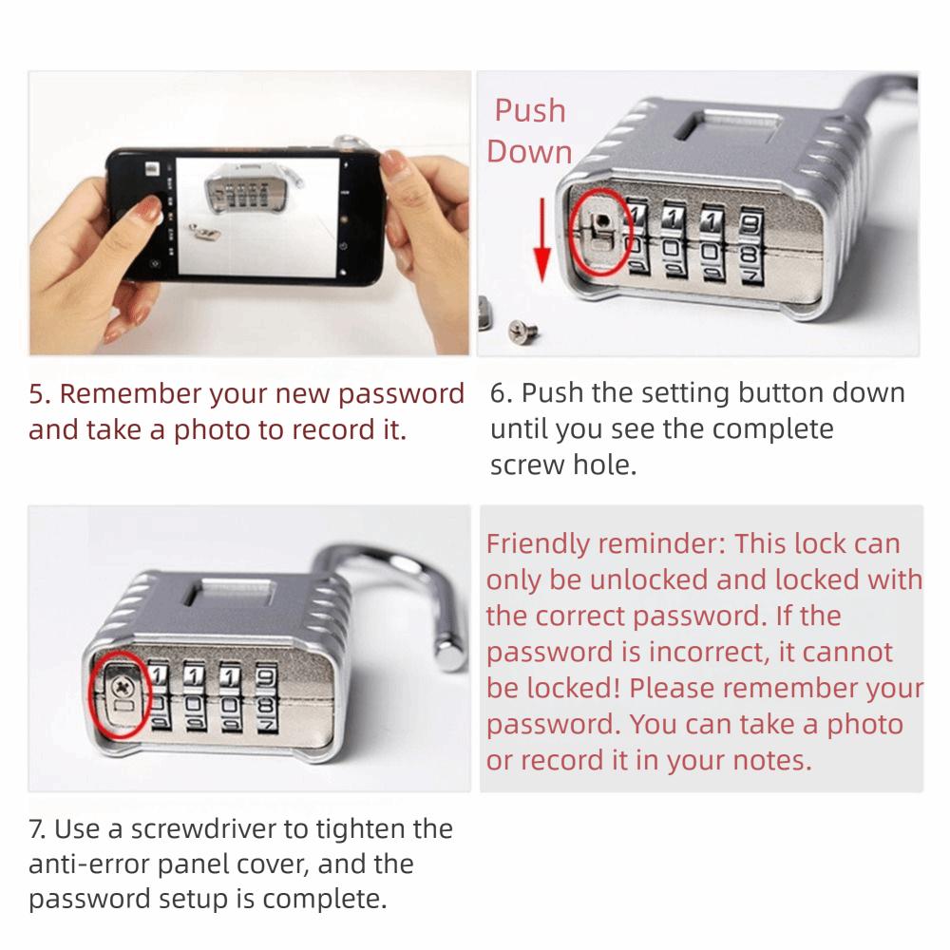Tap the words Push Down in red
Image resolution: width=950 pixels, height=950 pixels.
(529, 131)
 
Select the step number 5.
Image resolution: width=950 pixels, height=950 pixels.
(38, 393)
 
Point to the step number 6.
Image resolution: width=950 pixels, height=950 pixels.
(500, 393)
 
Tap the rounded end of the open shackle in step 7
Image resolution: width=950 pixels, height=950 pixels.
(446, 655)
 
